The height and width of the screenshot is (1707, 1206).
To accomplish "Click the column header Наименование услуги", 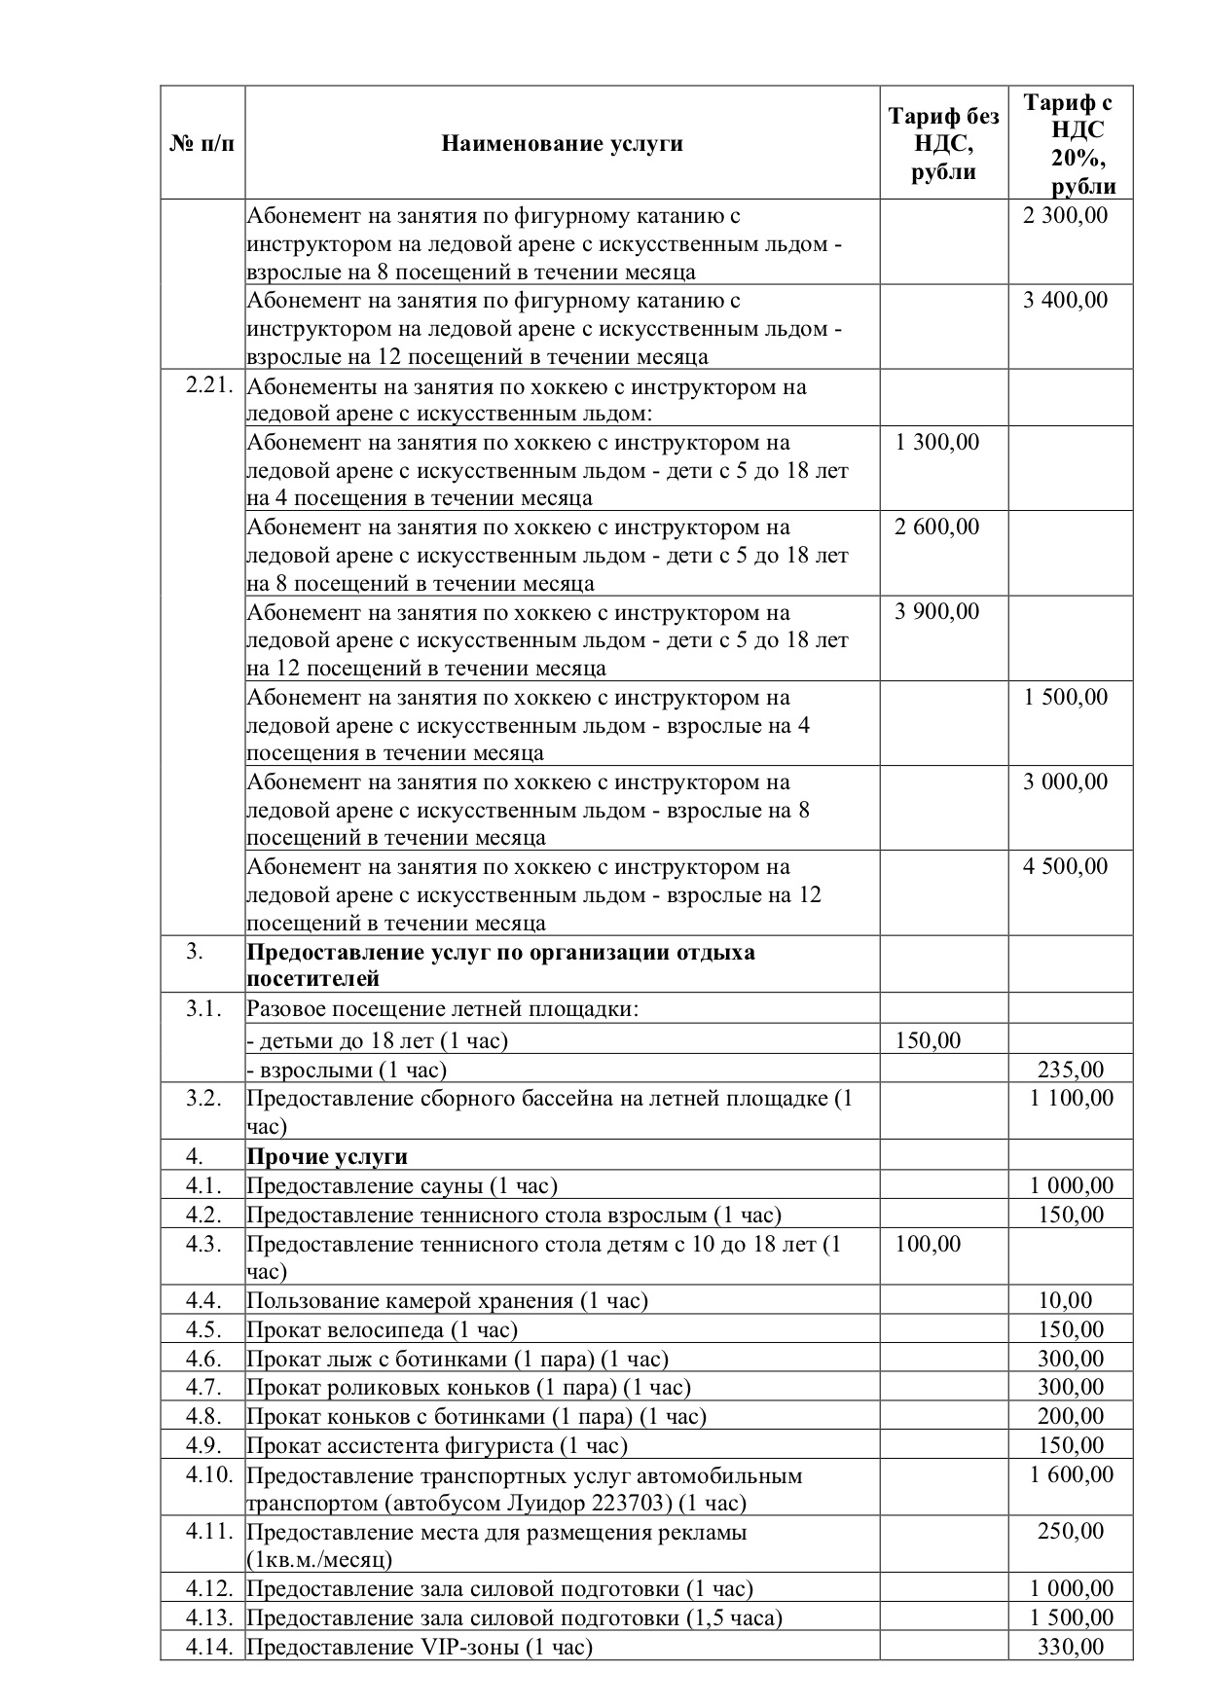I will click(562, 144).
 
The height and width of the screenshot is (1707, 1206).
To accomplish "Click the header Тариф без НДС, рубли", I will click(943, 144).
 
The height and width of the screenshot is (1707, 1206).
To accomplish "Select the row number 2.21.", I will click(209, 385).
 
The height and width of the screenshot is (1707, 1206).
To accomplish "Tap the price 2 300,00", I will click(1065, 215).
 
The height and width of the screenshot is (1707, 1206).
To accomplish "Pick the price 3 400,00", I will click(1065, 300).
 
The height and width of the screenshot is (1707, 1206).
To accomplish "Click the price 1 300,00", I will click(936, 443).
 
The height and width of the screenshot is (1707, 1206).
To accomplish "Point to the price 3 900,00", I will click(936, 612).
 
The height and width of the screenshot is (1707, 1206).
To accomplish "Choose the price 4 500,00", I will click(1065, 867).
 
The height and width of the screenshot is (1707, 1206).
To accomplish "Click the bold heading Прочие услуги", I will click(327, 1156).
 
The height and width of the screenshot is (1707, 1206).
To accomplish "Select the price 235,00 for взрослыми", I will click(1071, 1071).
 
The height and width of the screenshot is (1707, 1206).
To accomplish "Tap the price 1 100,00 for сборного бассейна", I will click(1071, 1099).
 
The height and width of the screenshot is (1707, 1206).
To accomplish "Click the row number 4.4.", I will click(203, 1300).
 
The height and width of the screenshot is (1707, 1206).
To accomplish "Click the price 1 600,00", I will click(1071, 1474).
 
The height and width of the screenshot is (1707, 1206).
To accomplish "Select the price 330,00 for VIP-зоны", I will click(1071, 1647).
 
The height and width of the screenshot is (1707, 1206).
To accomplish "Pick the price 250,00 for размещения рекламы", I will click(1071, 1532).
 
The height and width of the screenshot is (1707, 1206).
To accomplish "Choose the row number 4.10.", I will click(209, 1474).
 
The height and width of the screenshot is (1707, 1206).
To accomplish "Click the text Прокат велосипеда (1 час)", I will click(382, 1329).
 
